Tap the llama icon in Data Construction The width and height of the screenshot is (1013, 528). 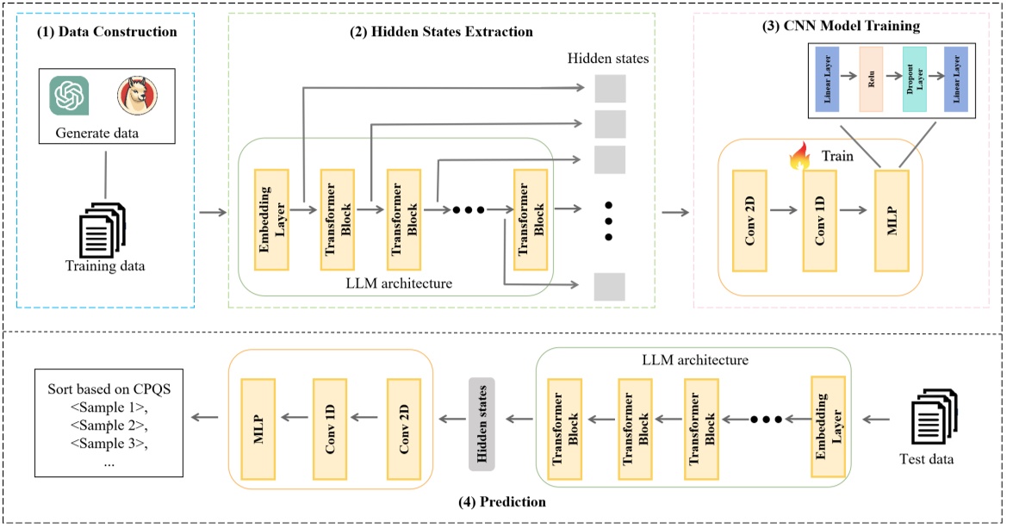pos(137,95)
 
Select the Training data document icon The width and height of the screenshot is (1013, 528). pos(103,226)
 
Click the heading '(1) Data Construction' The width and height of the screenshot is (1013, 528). pos(105,32)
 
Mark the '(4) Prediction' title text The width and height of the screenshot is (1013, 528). pos(501,500)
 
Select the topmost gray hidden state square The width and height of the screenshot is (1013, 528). pos(610,89)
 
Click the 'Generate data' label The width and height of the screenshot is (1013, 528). pos(96,134)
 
